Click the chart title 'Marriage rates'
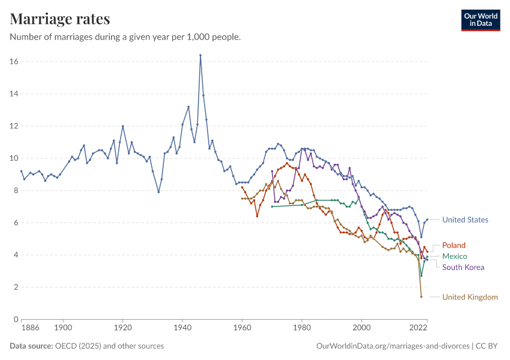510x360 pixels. coord(60,19)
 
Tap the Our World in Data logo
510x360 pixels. coord(480,20)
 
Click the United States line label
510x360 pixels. coord(465,220)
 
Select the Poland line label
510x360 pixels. coord(454,245)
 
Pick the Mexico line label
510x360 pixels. coord(454,256)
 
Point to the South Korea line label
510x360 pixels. coord(463,267)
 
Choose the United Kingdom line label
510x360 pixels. coord(470,297)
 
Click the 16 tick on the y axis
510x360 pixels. coord(14,62)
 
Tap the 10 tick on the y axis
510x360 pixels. coord(14,158)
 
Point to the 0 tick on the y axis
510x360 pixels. coord(16,319)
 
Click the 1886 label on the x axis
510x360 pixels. coord(31,328)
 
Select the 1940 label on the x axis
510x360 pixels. coord(182,328)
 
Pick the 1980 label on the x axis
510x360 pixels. coord(302,328)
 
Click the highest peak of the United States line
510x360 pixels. coord(200,55)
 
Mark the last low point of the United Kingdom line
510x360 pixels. coord(421,296)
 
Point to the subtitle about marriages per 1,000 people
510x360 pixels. coord(125,37)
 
